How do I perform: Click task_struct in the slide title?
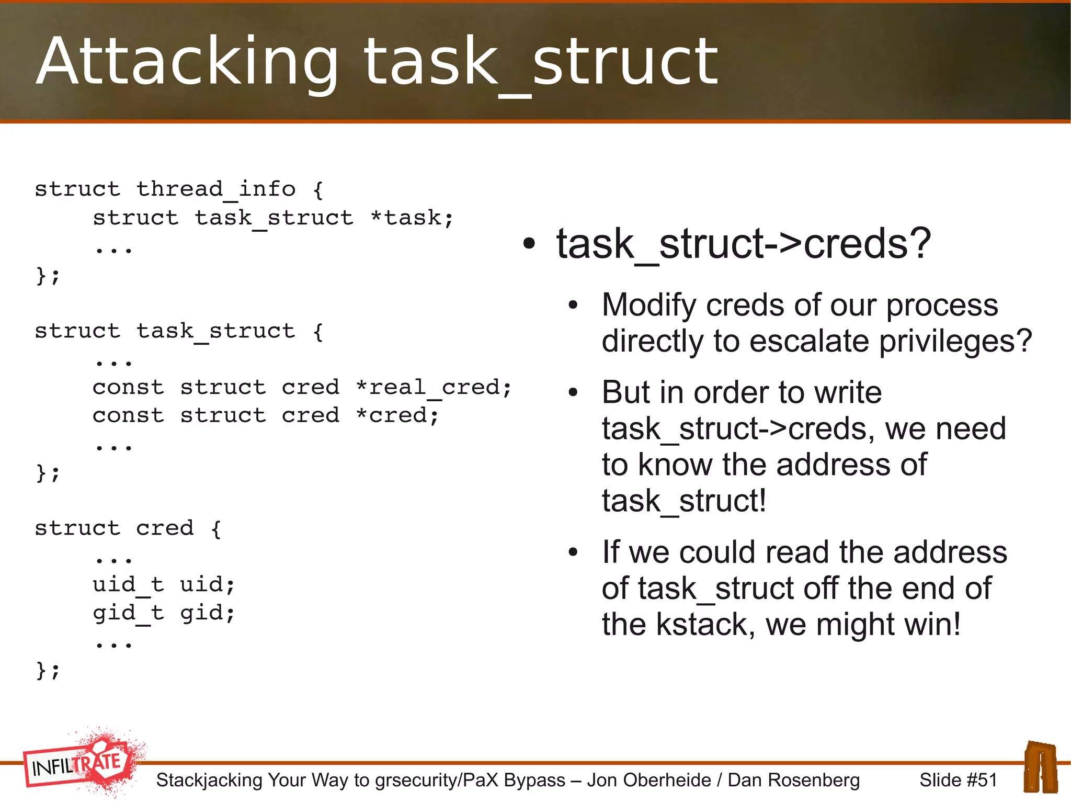tap(541, 62)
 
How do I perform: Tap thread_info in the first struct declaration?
tap(215, 189)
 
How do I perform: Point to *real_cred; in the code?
tap(434, 388)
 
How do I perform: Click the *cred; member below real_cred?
tap(397, 416)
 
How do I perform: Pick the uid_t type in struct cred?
tap(128, 585)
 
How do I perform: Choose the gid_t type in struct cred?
tap(128, 613)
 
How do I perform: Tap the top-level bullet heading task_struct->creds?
tap(743, 244)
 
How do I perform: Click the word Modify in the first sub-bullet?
tap(648, 305)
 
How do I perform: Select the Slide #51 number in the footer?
tap(958, 780)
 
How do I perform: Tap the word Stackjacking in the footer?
tap(209, 780)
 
